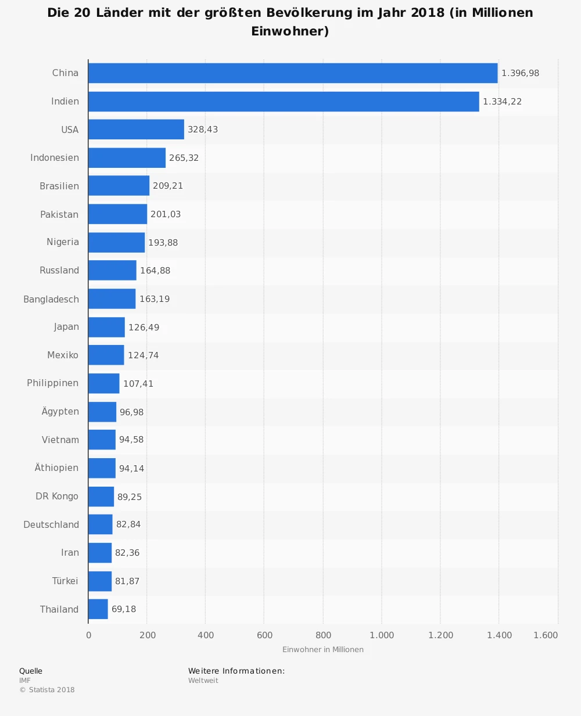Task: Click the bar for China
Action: click(293, 73)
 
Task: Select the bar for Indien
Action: click(284, 102)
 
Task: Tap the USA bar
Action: click(136, 129)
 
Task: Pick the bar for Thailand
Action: click(98, 609)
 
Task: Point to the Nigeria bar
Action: click(116, 242)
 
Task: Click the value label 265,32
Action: click(184, 158)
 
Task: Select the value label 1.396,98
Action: click(520, 73)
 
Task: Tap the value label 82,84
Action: click(128, 524)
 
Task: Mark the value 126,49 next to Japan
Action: click(144, 328)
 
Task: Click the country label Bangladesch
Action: click(51, 299)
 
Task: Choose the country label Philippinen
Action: click(52, 383)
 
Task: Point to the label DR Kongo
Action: click(57, 496)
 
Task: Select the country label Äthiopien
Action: click(56, 468)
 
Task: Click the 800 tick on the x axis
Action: click(323, 635)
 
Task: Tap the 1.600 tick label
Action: click(546, 635)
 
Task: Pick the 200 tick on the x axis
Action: click(148, 635)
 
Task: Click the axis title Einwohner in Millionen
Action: click(323, 650)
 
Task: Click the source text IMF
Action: click(25, 681)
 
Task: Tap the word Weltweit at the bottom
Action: click(203, 681)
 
